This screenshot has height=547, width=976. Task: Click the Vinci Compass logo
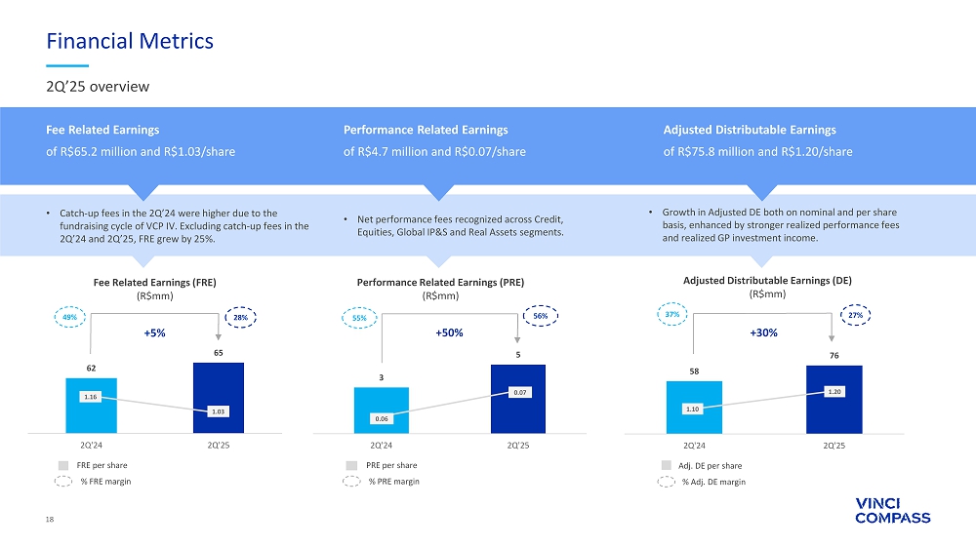892,510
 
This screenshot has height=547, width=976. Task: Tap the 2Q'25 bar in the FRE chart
219,397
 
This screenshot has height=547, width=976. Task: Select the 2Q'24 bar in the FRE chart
91,405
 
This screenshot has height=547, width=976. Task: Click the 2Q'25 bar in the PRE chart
518,398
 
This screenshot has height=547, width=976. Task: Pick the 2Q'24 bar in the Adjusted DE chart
694,407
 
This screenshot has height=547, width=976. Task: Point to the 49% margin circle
68,317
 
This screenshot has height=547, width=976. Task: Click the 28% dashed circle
240,317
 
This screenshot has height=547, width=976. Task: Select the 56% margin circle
539,318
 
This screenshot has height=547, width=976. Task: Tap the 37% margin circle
672,315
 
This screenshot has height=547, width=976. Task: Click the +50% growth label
448,333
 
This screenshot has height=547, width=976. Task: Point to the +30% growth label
764,333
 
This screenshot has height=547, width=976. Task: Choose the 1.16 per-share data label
91,397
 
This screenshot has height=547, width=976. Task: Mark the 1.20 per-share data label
834,391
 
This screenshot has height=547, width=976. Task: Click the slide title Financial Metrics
131,41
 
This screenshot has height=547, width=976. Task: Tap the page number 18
50,520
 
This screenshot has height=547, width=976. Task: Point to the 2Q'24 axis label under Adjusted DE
694,446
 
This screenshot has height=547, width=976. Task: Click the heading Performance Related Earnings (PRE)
441,282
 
